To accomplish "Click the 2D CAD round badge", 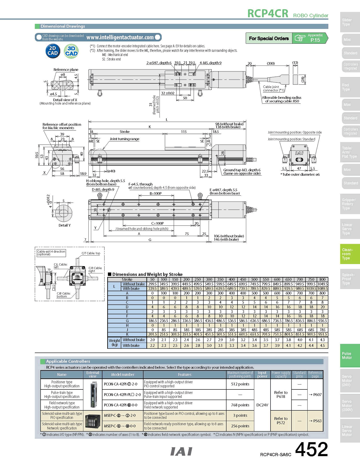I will (53, 51).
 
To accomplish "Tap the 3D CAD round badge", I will (71, 51).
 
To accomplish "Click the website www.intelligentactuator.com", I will (120, 37).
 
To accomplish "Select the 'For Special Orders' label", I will (269, 38).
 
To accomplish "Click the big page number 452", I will (311, 449).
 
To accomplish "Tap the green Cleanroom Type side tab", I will (349, 254).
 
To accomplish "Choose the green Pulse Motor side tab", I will (349, 356).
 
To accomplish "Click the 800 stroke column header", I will (322, 279).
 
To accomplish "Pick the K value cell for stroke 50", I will (152, 334).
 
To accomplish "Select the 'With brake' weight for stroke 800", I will (322, 345).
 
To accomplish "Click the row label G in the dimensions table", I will (127, 321).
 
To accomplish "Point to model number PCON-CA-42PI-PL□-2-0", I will (122, 395).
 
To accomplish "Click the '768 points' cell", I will (240, 405).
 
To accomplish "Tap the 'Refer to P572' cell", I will (281, 421).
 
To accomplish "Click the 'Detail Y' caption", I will (65, 225).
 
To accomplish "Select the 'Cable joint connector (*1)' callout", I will (273, 89).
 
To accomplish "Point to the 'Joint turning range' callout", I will (124, 139).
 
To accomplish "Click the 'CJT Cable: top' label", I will (91, 253).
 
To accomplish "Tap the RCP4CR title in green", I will (268, 13).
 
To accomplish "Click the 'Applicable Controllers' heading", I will (68, 361).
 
